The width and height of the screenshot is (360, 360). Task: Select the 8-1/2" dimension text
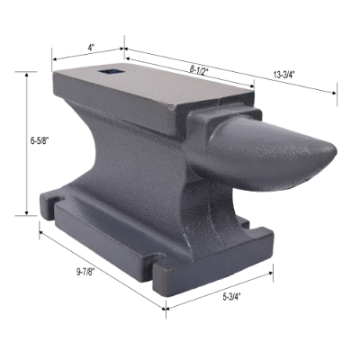point(200,68)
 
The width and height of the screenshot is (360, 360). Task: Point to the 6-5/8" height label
point(16,140)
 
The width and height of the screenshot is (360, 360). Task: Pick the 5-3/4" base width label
point(230,295)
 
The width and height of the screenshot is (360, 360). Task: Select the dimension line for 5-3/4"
point(220,288)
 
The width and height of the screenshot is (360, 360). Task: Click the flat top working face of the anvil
point(153,85)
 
